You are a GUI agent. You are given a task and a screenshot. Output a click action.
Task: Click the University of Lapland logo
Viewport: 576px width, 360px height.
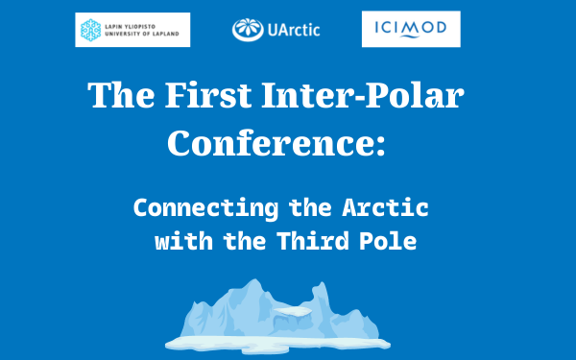(132, 30)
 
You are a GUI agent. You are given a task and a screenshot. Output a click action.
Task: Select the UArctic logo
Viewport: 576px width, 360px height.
(276, 30)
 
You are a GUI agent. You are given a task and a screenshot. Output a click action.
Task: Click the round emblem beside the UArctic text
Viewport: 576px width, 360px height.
(247, 30)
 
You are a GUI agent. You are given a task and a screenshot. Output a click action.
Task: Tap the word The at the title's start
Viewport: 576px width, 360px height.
(118, 97)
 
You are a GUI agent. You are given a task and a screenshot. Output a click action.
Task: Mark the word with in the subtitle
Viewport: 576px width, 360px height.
(184, 241)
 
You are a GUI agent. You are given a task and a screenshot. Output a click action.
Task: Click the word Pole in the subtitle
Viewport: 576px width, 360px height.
(393, 241)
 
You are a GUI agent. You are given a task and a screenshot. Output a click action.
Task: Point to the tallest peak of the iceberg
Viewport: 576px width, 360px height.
(253, 286)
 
